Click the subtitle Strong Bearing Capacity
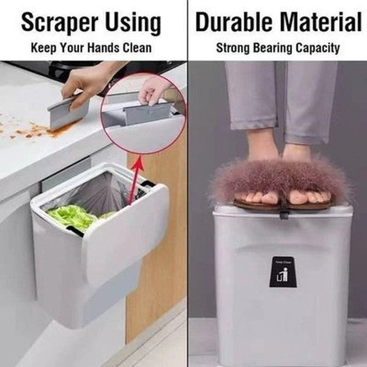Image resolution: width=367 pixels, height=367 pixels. [277, 48]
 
